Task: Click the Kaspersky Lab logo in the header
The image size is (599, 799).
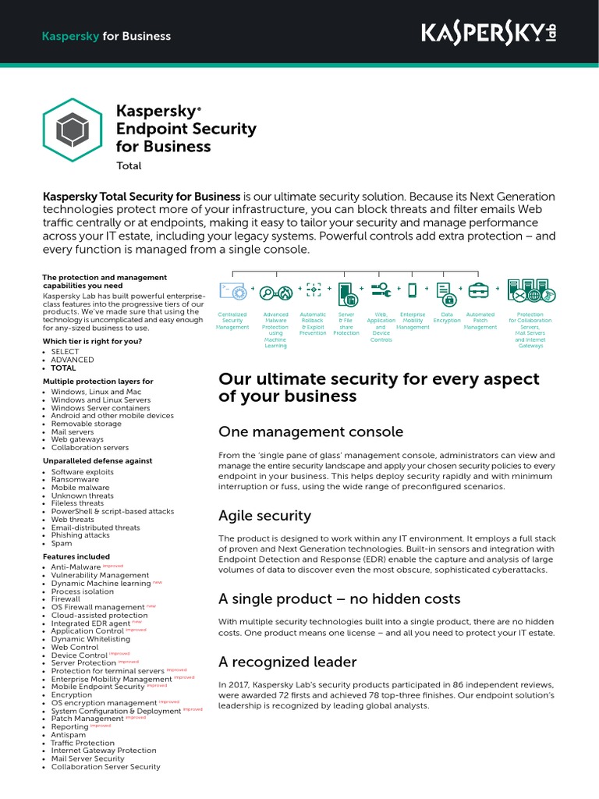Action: pos(489,33)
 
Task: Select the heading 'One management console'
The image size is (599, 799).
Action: pos(310,431)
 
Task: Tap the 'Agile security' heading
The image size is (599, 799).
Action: pos(264,516)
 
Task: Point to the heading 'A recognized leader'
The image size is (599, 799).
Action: pos(288,662)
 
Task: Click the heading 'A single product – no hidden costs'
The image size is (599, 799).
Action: pos(339,599)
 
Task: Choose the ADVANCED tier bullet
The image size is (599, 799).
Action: pos(72,360)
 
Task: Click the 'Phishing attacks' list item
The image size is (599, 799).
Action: pos(80,535)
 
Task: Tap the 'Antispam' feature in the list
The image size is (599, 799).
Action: pos(69,735)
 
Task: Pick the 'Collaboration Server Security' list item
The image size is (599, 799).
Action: pos(105,767)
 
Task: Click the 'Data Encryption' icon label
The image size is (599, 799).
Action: pos(447,318)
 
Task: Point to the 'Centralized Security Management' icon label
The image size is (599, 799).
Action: pos(232,321)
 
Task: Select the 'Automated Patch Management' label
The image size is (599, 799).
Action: pos(480,321)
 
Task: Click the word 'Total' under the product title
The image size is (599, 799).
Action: pos(129,165)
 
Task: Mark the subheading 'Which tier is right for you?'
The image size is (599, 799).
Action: pos(93,341)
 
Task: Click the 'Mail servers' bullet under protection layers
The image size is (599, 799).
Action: pos(73,431)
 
